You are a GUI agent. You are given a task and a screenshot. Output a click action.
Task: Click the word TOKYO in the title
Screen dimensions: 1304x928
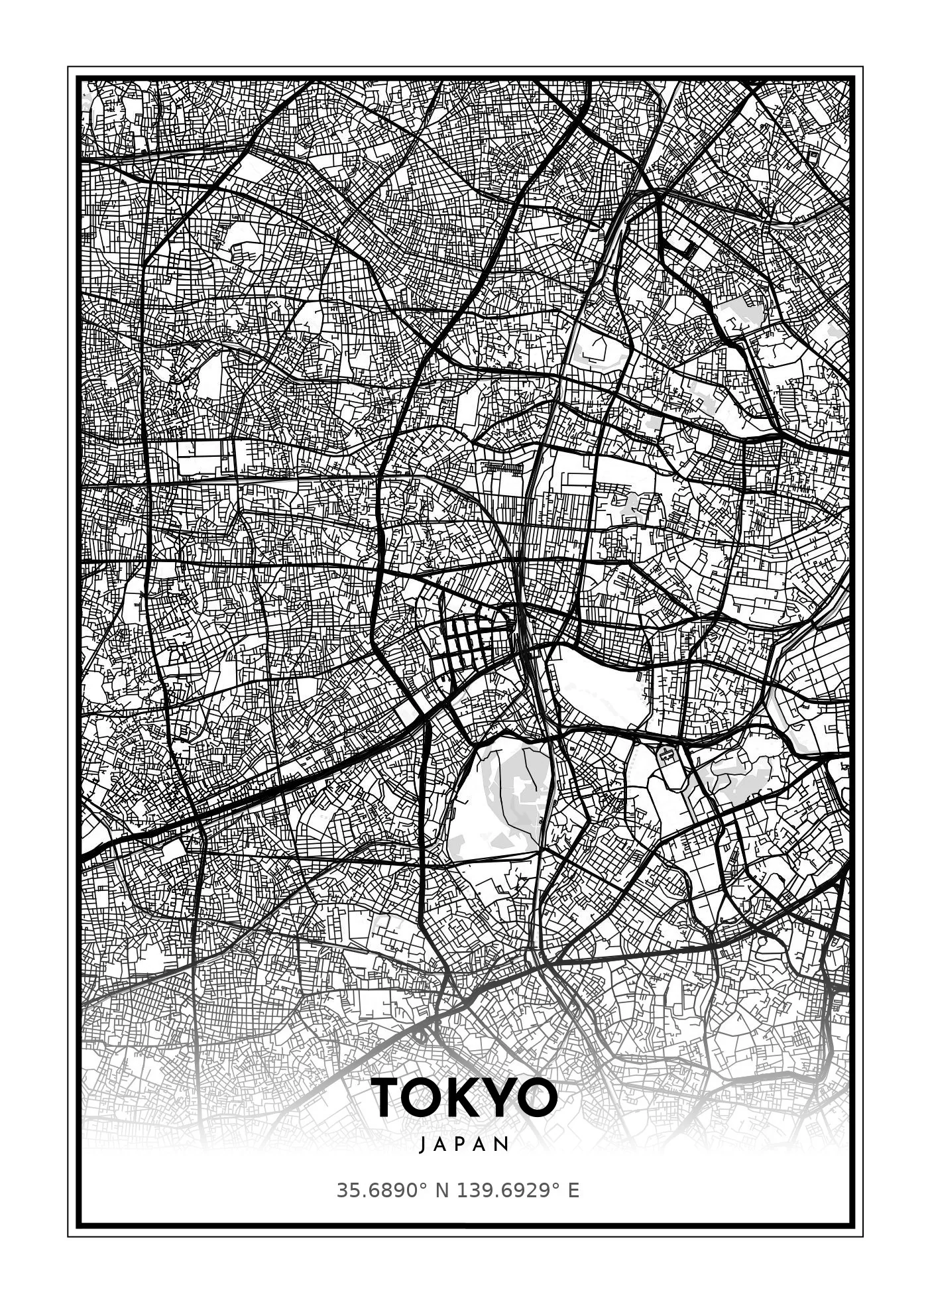(464, 1098)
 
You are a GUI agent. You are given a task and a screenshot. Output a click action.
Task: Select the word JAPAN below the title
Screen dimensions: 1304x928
(464, 1145)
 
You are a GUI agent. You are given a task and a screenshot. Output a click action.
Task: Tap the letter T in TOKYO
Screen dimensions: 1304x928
(386, 1098)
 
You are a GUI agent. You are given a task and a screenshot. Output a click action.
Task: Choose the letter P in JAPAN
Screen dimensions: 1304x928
(464, 1145)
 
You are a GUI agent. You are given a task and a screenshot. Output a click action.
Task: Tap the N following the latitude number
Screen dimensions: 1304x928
(441, 1191)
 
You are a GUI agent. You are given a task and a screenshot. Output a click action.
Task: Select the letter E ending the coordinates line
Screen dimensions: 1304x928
(573, 1191)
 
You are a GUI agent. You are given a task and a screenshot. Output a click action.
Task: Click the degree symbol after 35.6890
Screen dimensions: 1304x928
(424, 1187)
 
